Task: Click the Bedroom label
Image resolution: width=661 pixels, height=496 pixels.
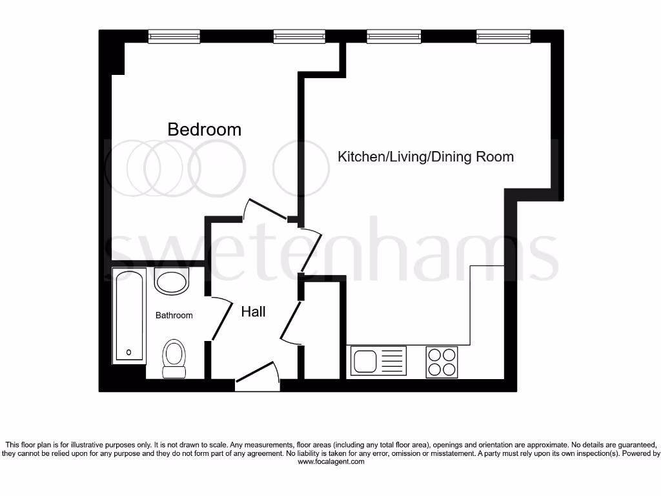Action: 204,129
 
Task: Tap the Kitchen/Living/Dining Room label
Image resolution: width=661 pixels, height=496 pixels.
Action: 426,156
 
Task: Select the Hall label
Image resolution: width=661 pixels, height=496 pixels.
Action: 253,311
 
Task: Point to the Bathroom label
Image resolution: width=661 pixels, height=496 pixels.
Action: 174,315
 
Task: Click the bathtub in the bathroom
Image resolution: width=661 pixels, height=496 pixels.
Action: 129,315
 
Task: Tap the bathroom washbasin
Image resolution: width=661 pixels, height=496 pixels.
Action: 172,282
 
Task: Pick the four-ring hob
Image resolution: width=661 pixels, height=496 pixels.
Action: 442,362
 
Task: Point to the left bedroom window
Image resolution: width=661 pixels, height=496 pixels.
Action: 174,37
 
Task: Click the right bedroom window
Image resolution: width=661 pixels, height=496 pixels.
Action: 299,37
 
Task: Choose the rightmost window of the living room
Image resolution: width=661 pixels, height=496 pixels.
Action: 503,37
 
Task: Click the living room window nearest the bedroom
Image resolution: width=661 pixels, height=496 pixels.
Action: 394,37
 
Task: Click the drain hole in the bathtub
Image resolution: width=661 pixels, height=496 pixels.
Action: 129,352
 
